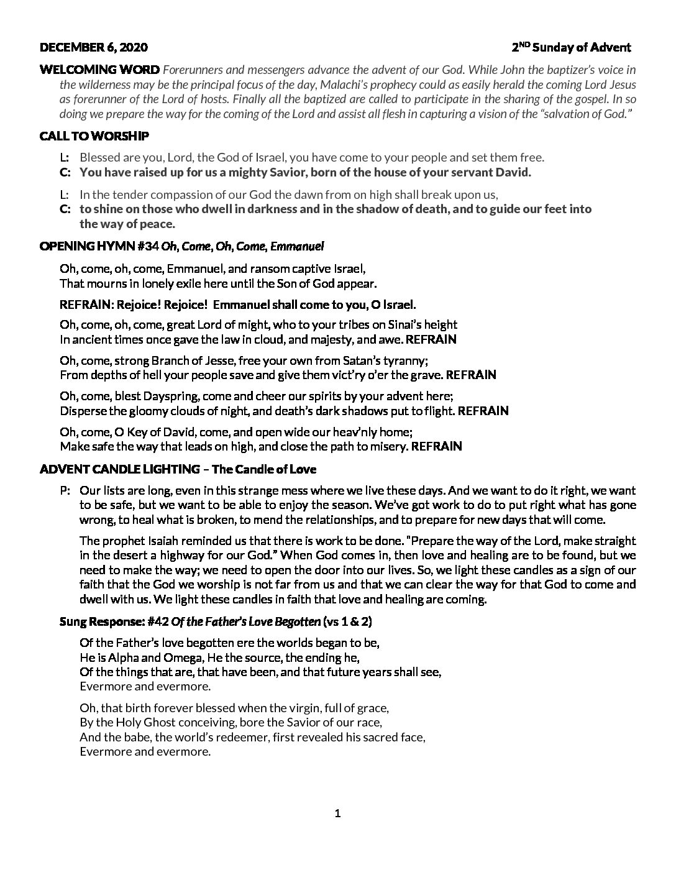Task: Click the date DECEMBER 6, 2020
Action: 94,47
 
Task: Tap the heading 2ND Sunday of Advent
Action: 571,47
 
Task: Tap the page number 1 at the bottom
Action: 338,813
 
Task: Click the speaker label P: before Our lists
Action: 65,490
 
